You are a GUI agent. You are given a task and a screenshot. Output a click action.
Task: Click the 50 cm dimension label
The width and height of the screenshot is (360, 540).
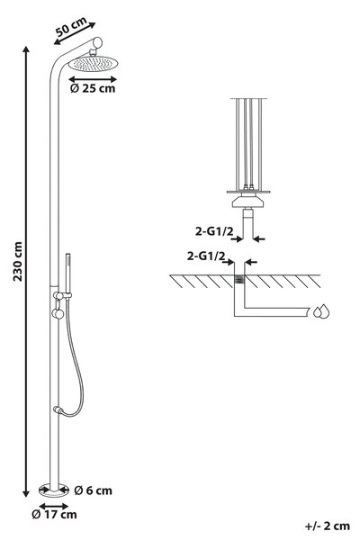(x=71, y=26)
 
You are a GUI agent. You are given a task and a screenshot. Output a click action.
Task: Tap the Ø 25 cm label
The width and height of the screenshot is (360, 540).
(x=93, y=88)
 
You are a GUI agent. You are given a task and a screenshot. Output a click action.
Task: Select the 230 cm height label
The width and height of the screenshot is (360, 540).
(x=18, y=262)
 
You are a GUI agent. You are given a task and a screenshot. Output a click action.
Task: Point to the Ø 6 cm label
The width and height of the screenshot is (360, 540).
(x=93, y=490)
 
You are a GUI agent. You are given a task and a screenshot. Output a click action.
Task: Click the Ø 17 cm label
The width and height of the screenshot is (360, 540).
(x=54, y=515)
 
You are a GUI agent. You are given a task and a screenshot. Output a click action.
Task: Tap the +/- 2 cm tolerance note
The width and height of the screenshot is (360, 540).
(x=328, y=526)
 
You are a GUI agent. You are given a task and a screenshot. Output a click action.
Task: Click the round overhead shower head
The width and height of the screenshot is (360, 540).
(x=93, y=64)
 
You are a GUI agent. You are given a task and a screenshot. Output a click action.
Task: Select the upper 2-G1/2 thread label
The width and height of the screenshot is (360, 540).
(x=214, y=231)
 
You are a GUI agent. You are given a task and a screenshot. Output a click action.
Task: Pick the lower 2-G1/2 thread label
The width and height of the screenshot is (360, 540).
(x=206, y=256)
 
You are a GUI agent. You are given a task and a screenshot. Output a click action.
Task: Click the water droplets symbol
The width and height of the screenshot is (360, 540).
(x=321, y=311)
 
